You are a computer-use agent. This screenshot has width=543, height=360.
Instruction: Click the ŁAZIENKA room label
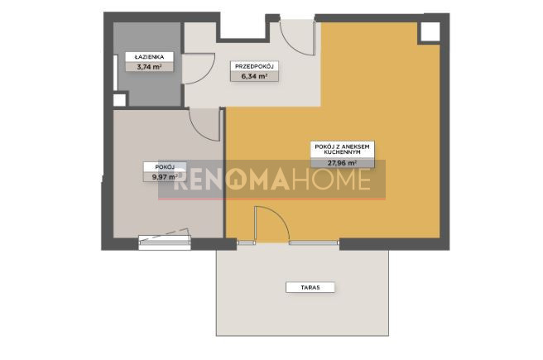(x=149, y=57)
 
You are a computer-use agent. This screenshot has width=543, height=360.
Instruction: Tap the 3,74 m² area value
(x=149, y=67)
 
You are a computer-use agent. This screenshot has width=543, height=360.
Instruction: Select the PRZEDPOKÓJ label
(x=255, y=66)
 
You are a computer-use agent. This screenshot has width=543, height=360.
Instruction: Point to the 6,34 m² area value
(x=255, y=76)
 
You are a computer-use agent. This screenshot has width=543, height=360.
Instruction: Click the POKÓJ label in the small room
(x=165, y=167)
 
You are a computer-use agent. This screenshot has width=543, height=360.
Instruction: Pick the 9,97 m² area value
(x=165, y=177)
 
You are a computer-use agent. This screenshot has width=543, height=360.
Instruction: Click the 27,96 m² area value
(x=343, y=163)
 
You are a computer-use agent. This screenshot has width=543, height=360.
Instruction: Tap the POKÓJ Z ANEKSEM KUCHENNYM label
(x=343, y=149)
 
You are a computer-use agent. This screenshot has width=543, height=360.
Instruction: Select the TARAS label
(x=310, y=287)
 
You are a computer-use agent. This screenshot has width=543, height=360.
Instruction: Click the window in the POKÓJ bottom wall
(x=165, y=242)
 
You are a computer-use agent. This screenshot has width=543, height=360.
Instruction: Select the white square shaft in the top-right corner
(x=430, y=32)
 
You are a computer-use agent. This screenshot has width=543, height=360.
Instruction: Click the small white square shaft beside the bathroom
(x=119, y=100)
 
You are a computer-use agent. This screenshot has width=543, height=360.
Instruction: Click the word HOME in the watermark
(x=331, y=180)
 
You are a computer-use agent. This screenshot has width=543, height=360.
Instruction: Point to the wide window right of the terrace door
(x=314, y=243)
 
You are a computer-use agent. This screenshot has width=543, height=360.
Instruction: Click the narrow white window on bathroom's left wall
(x=116, y=73)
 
